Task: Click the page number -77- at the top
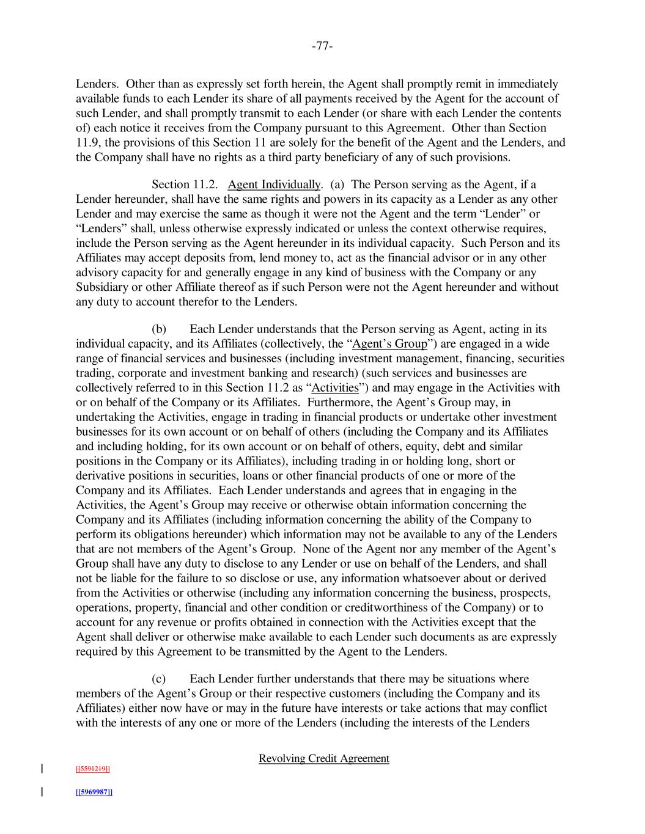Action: point(322,46)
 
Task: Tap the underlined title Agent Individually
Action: point(274,185)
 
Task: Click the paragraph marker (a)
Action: point(337,185)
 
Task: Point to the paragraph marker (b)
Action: point(159,329)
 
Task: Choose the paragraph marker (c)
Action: point(159,679)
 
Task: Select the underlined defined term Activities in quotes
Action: point(335,388)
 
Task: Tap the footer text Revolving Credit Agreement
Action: point(323,759)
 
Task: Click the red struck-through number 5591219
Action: point(92,769)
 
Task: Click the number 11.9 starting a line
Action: point(86,143)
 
